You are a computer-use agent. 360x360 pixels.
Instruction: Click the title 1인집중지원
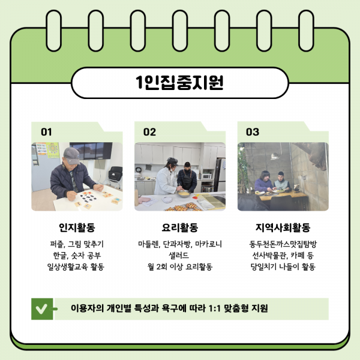point(179,82)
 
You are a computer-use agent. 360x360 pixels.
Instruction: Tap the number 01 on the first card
point(46,132)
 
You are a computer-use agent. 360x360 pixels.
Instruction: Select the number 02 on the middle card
point(149,132)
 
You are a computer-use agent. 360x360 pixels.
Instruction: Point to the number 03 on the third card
point(253,132)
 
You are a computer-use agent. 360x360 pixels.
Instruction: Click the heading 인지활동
point(77,227)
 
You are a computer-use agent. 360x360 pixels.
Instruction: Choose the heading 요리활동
point(180,227)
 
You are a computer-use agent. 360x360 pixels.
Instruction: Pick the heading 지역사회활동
point(283,227)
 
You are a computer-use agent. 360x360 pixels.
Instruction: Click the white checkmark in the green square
point(41,309)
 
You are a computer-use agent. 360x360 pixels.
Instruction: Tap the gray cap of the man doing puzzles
point(71,155)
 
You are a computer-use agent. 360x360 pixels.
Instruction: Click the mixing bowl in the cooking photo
point(184,194)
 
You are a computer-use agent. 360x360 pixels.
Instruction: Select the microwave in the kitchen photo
point(206,176)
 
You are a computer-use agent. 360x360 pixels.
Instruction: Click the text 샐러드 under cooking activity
point(179,256)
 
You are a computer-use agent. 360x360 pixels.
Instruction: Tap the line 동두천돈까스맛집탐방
point(283,244)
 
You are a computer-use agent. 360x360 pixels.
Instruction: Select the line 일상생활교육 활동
point(76,267)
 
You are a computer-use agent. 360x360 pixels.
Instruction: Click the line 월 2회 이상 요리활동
point(180,267)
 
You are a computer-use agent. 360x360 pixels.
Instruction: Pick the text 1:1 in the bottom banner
point(214,308)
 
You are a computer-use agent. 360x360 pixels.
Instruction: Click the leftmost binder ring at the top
point(54,31)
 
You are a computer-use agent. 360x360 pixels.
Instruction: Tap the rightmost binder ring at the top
point(307,31)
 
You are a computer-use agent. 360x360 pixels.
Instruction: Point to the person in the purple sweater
point(264,181)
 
